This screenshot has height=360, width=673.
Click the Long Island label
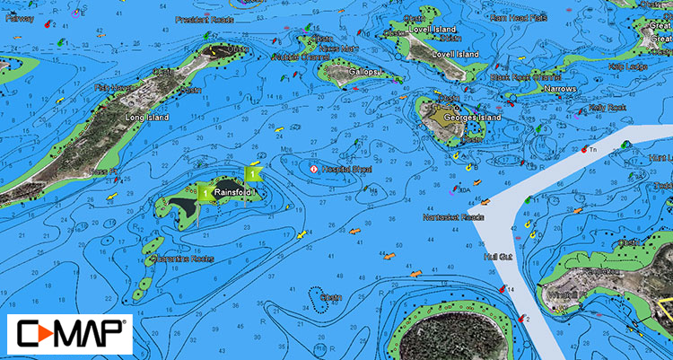[x=148, y=118]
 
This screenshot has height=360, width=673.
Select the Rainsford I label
[x=235, y=192]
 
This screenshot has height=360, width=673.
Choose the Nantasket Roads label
[x=454, y=217]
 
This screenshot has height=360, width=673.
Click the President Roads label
[x=205, y=19]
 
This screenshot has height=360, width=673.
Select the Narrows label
[x=561, y=90]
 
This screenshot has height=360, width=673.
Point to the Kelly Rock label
[x=606, y=108]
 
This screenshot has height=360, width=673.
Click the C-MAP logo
[x=69, y=333]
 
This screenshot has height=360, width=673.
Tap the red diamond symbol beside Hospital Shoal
[x=313, y=169]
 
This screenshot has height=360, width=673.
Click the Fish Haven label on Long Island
[x=112, y=88]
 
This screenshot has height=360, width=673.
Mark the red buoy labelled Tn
[x=584, y=149]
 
